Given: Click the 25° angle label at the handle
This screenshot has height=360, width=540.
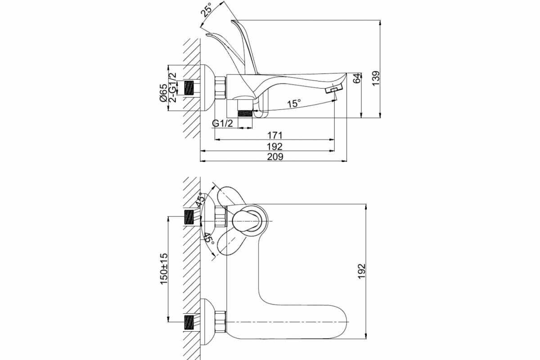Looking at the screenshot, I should click(x=207, y=10).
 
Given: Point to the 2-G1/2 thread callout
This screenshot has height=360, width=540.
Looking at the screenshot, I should click(x=172, y=87).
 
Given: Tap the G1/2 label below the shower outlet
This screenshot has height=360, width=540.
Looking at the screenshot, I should click(x=222, y=123).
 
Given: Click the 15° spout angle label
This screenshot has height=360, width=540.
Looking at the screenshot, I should click(x=294, y=103).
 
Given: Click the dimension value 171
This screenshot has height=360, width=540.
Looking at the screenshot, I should click(x=274, y=135).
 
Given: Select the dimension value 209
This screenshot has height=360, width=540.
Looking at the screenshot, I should click(x=274, y=157).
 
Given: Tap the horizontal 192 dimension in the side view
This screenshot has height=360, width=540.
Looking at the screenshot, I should click(x=274, y=146).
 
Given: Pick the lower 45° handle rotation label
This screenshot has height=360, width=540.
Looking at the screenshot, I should click(x=208, y=238).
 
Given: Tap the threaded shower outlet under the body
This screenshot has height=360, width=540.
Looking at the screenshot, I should click(x=245, y=111).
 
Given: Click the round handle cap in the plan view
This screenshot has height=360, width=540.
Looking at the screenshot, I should click(x=247, y=220).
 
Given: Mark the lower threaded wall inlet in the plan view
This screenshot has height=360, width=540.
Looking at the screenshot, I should click(x=191, y=322).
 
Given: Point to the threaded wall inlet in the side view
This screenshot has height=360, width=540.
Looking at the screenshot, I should click(x=191, y=87).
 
